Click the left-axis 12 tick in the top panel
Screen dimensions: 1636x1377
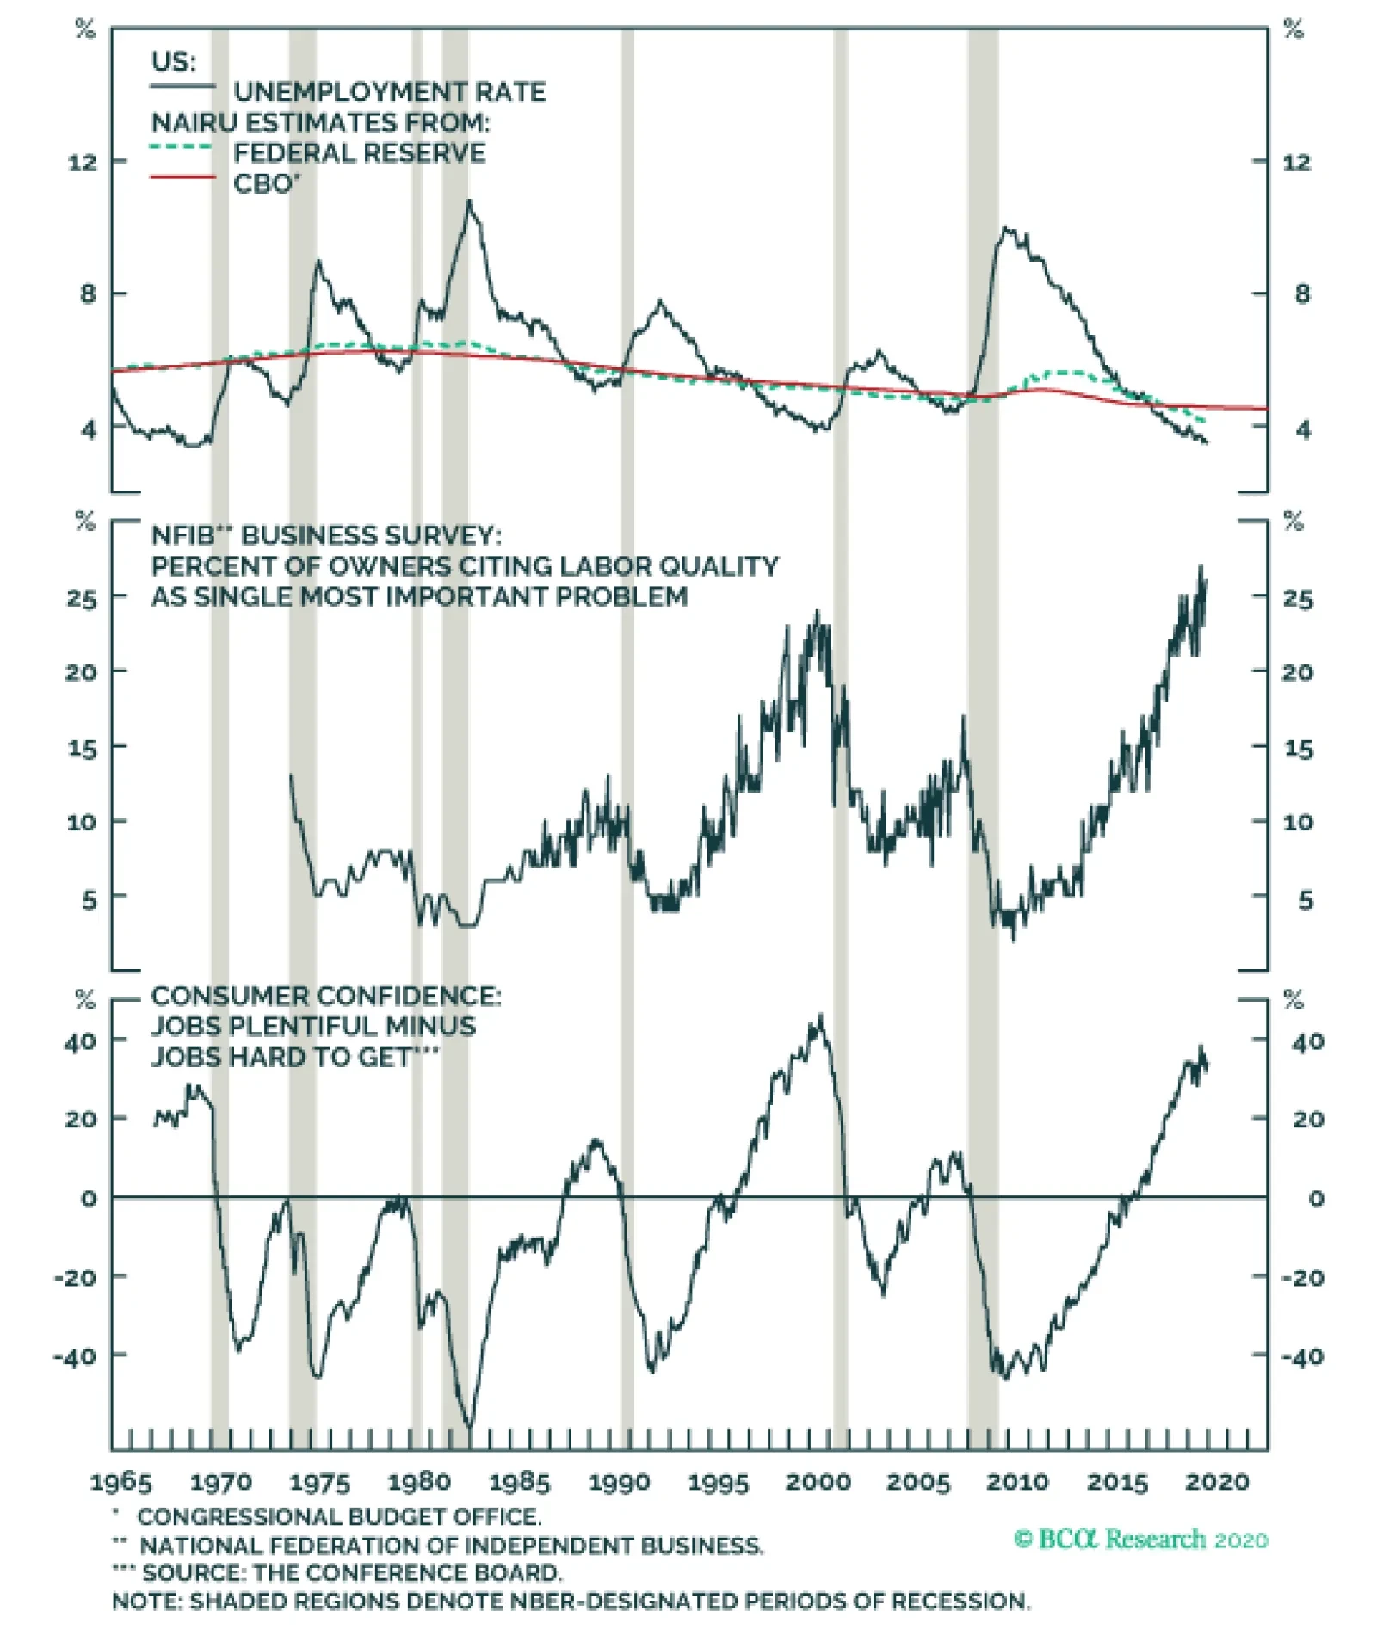[x=83, y=162]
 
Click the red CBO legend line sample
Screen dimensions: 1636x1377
[x=182, y=178]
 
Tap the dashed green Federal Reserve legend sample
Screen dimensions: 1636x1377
[x=182, y=147]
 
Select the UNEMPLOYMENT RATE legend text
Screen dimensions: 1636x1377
[x=389, y=92]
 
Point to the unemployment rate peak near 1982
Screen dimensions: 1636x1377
[x=469, y=201]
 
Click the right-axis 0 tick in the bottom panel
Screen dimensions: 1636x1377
[x=1316, y=1198]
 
